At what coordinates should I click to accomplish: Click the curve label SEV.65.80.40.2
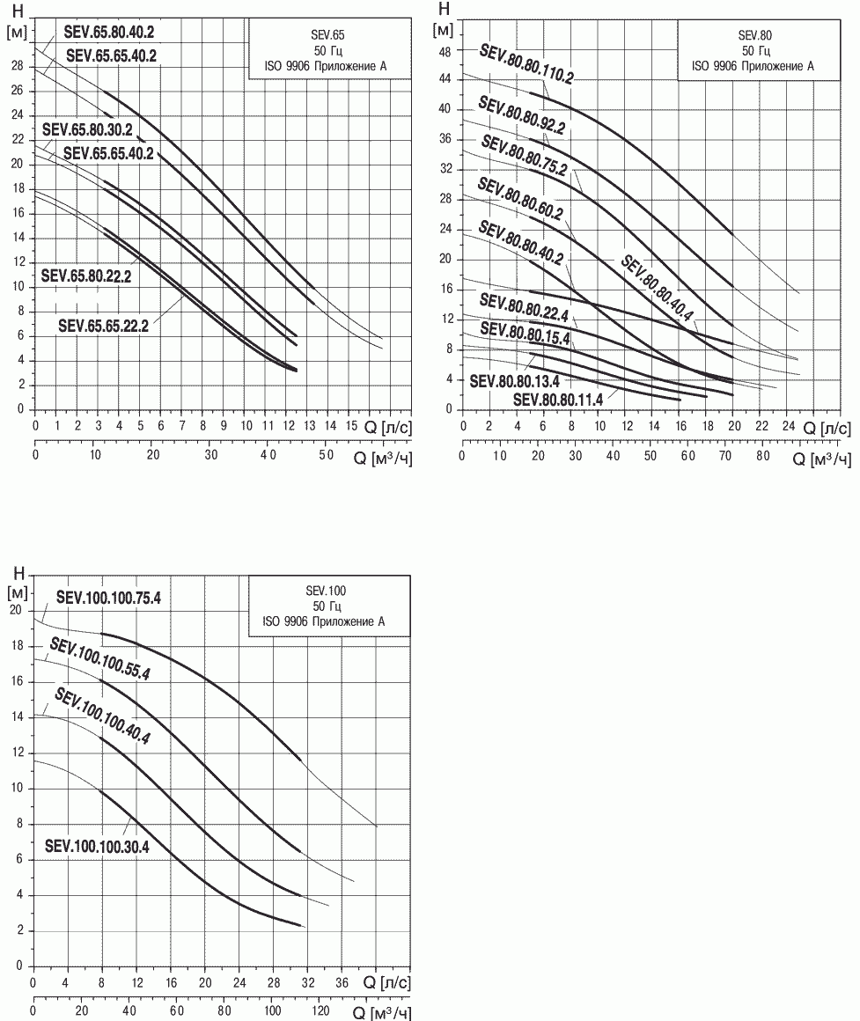[x=109, y=32]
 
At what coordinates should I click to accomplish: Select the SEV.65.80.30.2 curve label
[x=87, y=129]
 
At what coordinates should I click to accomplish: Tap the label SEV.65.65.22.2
[x=104, y=326]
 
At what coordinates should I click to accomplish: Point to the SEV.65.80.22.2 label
[x=86, y=276]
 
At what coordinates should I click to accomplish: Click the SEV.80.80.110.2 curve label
[x=526, y=63]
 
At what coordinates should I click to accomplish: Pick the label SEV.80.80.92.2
[x=521, y=114]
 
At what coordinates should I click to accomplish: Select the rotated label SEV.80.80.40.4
[x=657, y=288]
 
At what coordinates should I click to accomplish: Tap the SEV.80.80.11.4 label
[x=558, y=399]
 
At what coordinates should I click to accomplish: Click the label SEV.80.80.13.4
[x=514, y=381]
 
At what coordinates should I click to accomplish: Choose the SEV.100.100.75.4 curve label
[x=108, y=597]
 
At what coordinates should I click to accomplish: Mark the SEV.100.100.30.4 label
[x=97, y=847]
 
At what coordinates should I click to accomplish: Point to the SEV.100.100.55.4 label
[x=99, y=659]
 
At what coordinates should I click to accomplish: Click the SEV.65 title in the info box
[x=327, y=35]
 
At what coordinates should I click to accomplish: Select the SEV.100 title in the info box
[x=326, y=591]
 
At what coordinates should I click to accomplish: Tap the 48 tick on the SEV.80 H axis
[x=445, y=52]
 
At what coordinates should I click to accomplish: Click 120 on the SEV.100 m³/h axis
[x=320, y=1010]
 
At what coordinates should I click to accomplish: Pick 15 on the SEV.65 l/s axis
[x=351, y=426]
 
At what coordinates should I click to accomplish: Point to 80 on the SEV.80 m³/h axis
[x=762, y=456]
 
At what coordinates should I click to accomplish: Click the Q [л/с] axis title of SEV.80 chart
[x=827, y=428]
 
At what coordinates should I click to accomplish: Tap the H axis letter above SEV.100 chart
[x=18, y=573]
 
